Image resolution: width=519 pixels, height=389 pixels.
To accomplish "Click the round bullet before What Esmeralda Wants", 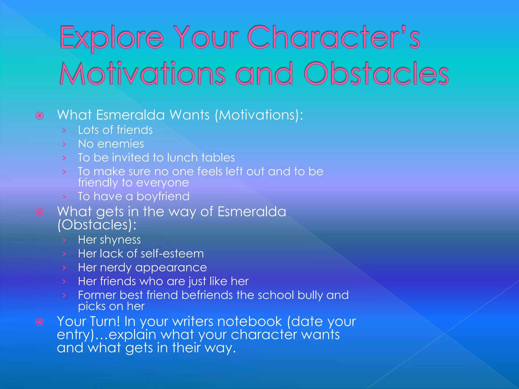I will tap(40, 116).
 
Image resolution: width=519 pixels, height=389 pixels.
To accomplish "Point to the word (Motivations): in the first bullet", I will tap(259, 115).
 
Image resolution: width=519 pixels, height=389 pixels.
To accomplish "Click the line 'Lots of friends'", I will tap(115, 130).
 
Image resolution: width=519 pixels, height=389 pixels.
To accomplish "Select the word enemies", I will tap(121, 144).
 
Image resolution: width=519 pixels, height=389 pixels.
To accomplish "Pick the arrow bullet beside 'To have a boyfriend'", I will tap(64, 197).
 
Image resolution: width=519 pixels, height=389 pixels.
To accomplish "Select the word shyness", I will tap(120, 240).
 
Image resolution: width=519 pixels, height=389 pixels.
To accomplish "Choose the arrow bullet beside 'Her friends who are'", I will tap(64, 281).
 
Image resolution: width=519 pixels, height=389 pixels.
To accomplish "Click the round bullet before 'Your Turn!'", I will tap(40, 322).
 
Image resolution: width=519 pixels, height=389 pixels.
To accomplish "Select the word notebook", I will tap(250, 321).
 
